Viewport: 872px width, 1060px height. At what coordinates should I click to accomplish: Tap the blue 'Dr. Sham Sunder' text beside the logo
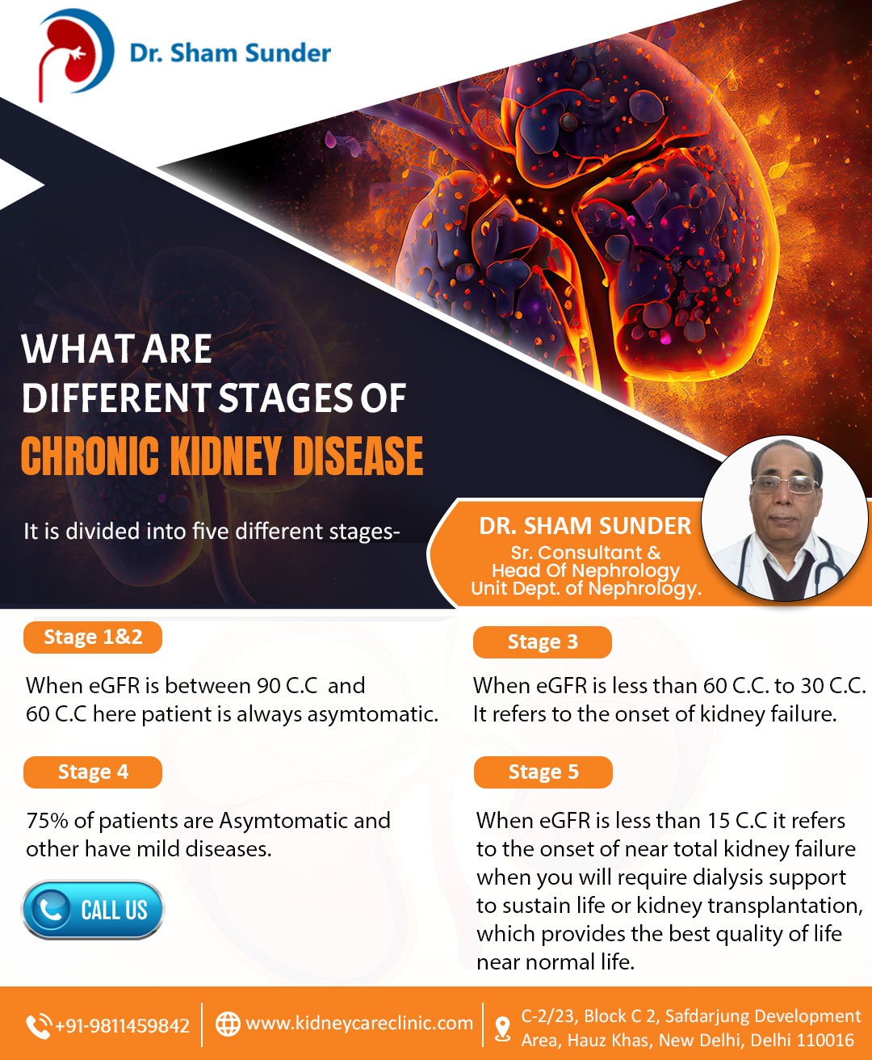(x=230, y=53)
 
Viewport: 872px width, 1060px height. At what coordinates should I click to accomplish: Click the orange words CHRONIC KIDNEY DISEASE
(x=222, y=456)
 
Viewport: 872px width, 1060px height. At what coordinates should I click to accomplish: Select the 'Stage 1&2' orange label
(x=93, y=637)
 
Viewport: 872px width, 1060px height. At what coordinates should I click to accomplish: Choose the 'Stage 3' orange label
(x=543, y=641)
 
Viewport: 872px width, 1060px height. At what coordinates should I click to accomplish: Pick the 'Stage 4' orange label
(x=93, y=772)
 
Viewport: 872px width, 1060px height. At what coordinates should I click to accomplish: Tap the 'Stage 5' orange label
(x=543, y=772)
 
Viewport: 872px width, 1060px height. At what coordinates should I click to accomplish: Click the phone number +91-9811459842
(x=122, y=1025)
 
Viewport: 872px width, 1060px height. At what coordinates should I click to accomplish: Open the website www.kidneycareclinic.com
(x=359, y=1023)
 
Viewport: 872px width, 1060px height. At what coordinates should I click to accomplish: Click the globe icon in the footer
(x=228, y=1024)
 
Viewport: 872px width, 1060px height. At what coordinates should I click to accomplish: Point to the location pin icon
(x=502, y=1028)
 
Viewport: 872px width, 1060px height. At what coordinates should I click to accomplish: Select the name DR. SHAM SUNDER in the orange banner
(x=585, y=526)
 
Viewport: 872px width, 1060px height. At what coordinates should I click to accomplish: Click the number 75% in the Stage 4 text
(x=47, y=821)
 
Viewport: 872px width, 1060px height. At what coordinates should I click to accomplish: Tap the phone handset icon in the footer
(x=39, y=1026)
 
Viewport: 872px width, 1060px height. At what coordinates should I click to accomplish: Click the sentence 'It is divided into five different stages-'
(x=212, y=532)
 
